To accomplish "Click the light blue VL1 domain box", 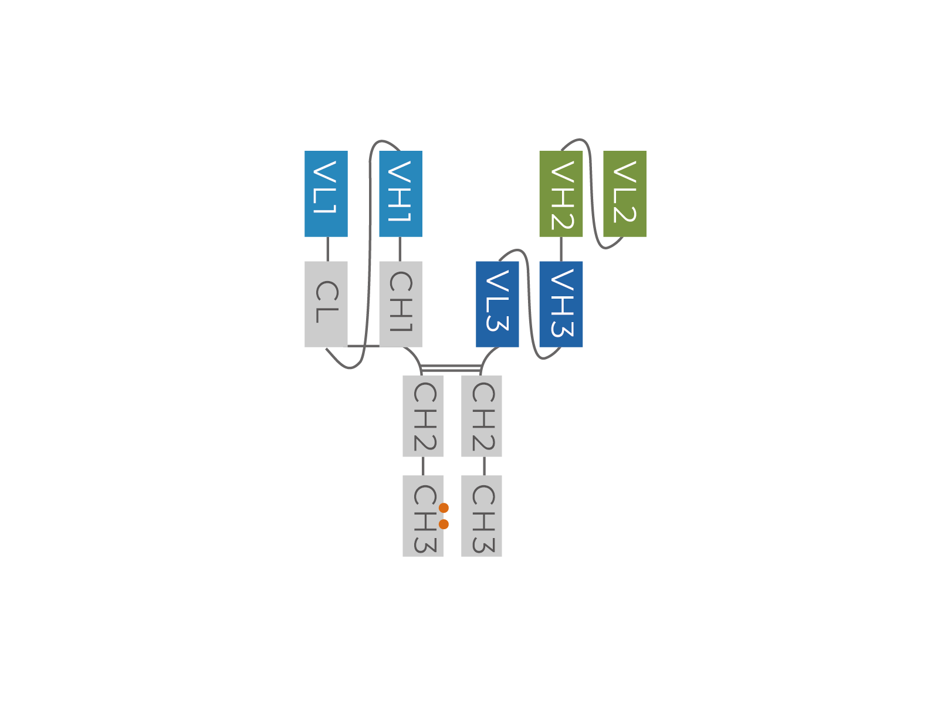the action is click(326, 194).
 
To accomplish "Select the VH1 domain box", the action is click(401, 194).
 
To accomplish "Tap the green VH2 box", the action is click(561, 194).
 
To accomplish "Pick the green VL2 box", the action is click(625, 194).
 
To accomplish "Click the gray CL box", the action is click(326, 304).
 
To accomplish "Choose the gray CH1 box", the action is click(401, 304).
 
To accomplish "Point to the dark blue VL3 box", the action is click(497, 304).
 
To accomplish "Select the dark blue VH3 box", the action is click(561, 304).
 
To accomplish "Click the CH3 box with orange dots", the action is click(423, 516).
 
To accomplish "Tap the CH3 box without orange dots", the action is click(482, 516).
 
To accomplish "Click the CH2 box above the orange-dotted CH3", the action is click(423, 416).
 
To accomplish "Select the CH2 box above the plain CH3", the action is click(482, 416).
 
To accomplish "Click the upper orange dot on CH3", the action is click(444, 508).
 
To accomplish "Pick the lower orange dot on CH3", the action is click(444, 525).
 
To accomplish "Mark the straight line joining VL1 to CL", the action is click(328, 249).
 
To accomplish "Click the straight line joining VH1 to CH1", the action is click(400, 249).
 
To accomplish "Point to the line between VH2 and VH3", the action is click(561, 249).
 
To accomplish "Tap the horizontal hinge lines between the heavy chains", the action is click(451, 368).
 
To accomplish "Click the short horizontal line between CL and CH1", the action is click(364, 346).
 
